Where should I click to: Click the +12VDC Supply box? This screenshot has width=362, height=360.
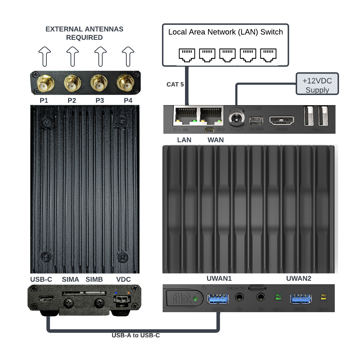click(x=317, y=85)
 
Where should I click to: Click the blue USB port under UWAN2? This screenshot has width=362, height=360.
click(x=301, y=299)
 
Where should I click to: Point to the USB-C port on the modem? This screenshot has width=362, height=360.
click(x=47, y=300)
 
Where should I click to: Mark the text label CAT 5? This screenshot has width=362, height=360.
click(x=175, y=84)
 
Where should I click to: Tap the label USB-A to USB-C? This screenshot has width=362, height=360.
click(x=136, y=336)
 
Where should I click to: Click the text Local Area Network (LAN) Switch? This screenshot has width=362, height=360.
click(x=226, y=32)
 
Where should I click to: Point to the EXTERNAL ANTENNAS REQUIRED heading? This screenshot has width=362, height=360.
click(x=84, y=33)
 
